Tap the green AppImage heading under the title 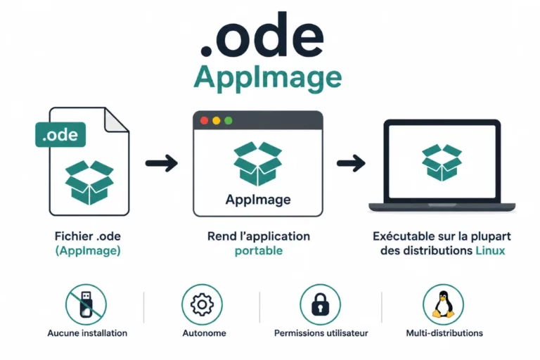[268, 78]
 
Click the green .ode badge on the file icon [60, 135]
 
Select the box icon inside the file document [89, 183]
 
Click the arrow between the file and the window [162, 163]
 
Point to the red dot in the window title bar [204, 120]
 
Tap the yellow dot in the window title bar [217, 120]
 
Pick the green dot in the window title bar [229, 120]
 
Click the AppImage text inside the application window [258, 200]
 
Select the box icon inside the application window [258, 164]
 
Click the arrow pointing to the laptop [351, 163]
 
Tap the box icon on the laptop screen [442, 162]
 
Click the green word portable [259, 251]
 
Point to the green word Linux [490, 250]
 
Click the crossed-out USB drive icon [86, 304]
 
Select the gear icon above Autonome [202, 304]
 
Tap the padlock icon [321, 304]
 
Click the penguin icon [443, 304]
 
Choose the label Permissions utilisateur [321, 333]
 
